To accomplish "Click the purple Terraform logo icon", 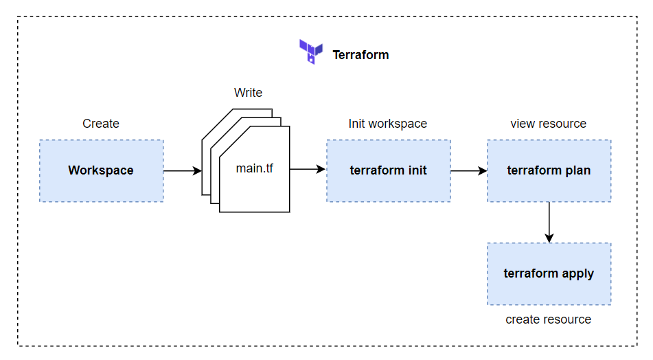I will pos(310,52).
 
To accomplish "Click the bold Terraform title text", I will pos(360,55).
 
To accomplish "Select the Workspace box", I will pos(101,170).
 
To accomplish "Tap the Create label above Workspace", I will pos(101,124).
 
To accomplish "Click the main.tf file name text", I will pos(254,168).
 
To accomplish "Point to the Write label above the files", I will pos(248,93).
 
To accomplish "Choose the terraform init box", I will pos(388,170).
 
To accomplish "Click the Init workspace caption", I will pos(388,124).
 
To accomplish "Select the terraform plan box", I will pos(549,170).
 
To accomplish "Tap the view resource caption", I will pos(549,124).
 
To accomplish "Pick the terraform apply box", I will pos(549,273).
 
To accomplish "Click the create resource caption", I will pos(549,319).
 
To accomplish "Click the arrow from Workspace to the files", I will pos(183,170).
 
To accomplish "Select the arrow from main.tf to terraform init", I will pos(308,169).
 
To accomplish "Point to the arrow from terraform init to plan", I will pos(468,170).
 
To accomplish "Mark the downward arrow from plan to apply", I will pos(549,222).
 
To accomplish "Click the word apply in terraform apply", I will pos(578,274).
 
